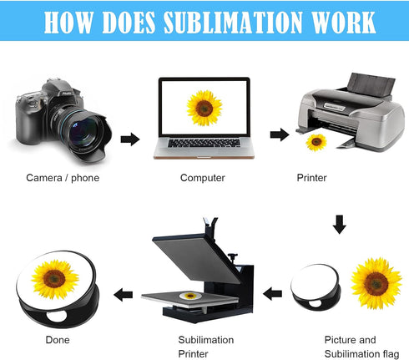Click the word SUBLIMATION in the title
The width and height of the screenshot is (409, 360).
click(233, 23)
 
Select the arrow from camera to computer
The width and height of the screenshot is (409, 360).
click(130, 139)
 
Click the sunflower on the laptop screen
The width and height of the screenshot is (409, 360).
click(204, 108)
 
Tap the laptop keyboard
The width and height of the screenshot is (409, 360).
click(204, 143)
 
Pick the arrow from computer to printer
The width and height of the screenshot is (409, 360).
click(280, 134)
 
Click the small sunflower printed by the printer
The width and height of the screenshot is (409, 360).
click(316, 142)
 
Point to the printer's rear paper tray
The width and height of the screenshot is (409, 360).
click(371, 84)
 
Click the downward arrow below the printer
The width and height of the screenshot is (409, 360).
click(340, 225)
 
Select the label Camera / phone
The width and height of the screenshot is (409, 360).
click(63, 178)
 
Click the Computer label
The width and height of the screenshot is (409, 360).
click(203, 178)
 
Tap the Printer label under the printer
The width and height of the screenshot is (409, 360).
click(311, 178)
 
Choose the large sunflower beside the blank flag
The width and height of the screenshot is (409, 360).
click(376, 283)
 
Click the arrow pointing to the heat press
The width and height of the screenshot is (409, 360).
click(272, 294)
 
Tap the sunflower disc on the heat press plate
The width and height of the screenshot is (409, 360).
click(190, 296)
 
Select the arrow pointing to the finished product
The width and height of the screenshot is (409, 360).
click(123, 295)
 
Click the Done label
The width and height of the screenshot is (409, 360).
click(58, 340)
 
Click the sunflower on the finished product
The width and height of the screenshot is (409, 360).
click(55, 279)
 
